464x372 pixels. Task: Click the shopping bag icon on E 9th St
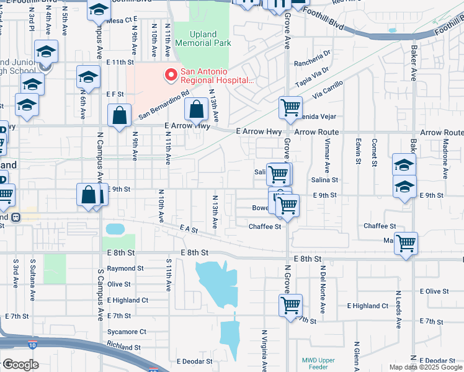click(x=89, y=195)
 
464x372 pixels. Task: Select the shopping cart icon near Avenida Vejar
click(x=290, y=108)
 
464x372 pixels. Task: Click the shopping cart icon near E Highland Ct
click(x=290, y=305)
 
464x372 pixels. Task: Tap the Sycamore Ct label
click(x=127, y=332)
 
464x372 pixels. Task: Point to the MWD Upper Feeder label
click(x=319, y=363)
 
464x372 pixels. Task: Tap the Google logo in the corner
click(x=20, y=365)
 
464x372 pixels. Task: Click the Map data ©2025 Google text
click(x=425, y=367)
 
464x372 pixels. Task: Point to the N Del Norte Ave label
click(x=323, y=282)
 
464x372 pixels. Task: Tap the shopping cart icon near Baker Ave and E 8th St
click(x=406, y=243)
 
